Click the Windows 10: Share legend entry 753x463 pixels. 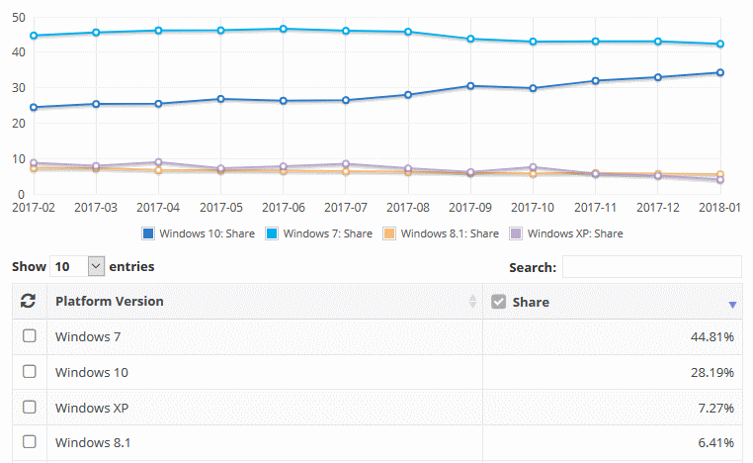[x=198, y=233]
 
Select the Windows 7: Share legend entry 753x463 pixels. [x=321, y=233]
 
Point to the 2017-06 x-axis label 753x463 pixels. [x=285, y=208]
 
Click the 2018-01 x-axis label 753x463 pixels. [x=720, y=208]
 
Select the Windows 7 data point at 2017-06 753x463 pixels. [x=284, y=29]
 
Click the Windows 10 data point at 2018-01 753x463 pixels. [x=720, y=72]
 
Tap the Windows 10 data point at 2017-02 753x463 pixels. [x=34, y=107]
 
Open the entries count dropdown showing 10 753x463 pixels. [x=75, y=266]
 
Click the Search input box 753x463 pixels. [x=651, y=267]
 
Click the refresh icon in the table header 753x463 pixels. [x=29, y=301]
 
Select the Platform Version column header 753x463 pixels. [x=110, y=301]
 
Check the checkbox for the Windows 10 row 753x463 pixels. [x=30, y=371]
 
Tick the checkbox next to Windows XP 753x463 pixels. [x=30, y=407]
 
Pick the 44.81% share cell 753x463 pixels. [x=711, y=336]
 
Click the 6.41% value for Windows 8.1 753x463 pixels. [x=714, y=442]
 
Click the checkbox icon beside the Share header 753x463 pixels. [x=498, y=302]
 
